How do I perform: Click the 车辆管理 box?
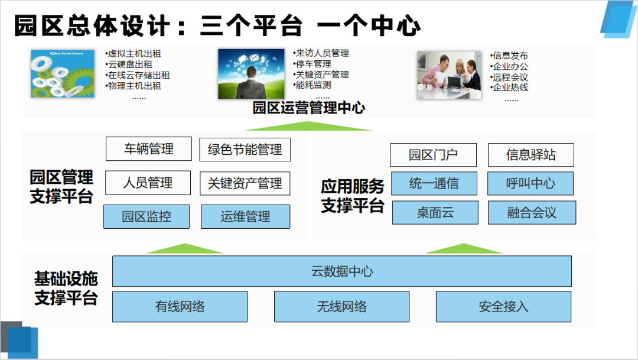click(x=149, y=149)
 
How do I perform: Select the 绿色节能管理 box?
click(x=245, y=150)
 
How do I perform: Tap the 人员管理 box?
click(x=148, y=183)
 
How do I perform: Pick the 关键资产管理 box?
click(x=245, y=183)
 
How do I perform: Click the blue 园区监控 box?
click(x=147, y=216)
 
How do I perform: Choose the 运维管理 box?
click(x=245, y=216)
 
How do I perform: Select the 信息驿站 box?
click(x=531, y=155)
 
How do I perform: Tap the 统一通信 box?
click(x=434, y=183)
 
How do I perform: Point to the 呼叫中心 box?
click(x=530, y=183)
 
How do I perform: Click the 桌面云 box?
click(x=435, y=213)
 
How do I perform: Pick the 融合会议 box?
click(x=532, y=213)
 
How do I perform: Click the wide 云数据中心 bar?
click(x=342, y=271)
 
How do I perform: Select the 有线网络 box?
click(x=180, y=306)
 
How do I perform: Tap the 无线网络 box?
click(x=341, y=306)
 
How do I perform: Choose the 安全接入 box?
click(x=503, y=306)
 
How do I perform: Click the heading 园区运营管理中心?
click(x=308, y=108)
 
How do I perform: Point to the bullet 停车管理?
click(x=313, y=64)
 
